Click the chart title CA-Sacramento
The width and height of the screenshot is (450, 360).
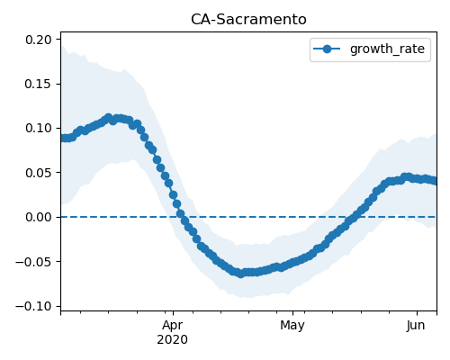pos(248,20)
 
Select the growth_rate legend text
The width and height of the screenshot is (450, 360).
pos(387,49)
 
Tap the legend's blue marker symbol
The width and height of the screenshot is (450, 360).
pos(327,49)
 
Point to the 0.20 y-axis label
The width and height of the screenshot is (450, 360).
pos(38,40)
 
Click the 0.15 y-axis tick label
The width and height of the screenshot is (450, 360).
pos(38,84)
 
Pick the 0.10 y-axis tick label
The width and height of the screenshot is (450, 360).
pos(38,129)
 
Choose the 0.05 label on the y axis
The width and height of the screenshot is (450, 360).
pos(38,173)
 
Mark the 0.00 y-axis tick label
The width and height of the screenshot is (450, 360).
pos(38,217)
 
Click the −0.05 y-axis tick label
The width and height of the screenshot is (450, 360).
pos(33,262)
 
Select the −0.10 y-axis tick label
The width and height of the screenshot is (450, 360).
pos(33,306)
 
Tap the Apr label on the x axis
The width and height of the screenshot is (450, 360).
pos(173,326)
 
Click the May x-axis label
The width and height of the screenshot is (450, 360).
pos(292,326)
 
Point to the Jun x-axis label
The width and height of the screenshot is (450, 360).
pos(416,326)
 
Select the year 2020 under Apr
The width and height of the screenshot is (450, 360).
pos(173,339)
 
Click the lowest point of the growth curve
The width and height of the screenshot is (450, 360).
pos(240,274)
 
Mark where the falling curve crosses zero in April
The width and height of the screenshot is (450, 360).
pos(182,217)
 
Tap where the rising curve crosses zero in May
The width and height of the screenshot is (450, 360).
pos(353,217)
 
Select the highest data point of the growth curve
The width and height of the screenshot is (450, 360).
pos(109,118)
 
